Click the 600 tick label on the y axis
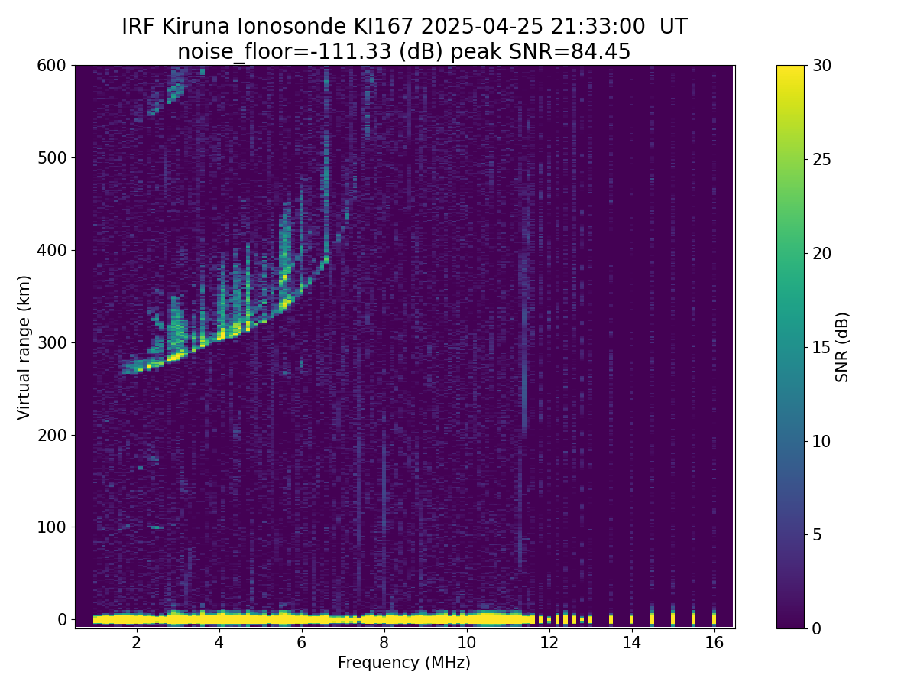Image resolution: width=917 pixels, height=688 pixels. point(52,66)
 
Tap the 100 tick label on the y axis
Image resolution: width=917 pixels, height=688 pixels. point(52,527)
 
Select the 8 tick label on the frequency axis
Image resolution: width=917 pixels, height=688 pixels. point(384,642)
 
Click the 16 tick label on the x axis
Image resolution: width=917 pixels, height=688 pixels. point(714,642)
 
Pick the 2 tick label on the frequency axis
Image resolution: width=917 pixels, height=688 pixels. point(136,642)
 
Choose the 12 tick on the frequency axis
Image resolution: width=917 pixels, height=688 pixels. point(549,628)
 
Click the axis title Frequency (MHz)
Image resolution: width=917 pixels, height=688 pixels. point(404,663)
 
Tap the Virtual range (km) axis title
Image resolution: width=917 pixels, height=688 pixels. point(24,347)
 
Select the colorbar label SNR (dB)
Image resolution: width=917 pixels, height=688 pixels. point(842,347)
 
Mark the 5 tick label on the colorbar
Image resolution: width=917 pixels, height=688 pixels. point(816,534)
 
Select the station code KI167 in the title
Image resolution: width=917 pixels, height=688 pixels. point(384,27)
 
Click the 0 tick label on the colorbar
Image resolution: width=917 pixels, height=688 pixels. point(816,628)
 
